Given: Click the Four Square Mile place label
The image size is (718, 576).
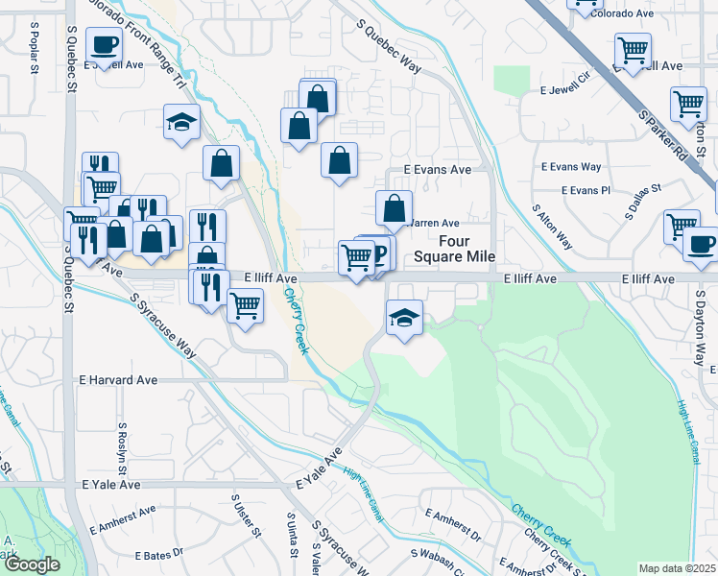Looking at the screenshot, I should tap(455, 250).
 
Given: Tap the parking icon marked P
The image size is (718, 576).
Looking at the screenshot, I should tap(378, 253).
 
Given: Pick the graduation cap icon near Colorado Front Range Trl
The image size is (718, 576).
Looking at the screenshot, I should tap(181, 123).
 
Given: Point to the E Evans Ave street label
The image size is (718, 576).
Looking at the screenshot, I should tap(437, 169).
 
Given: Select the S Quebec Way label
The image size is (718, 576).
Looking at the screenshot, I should tap(389, 47).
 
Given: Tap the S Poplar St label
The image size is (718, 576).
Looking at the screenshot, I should tap(34, 57).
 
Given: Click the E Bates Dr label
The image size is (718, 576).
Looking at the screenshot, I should tap(159, 556).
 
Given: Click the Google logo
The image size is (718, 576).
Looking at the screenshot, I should tap(31, 564).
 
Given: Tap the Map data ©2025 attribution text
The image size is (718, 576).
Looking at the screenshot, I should tap(677, 568).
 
